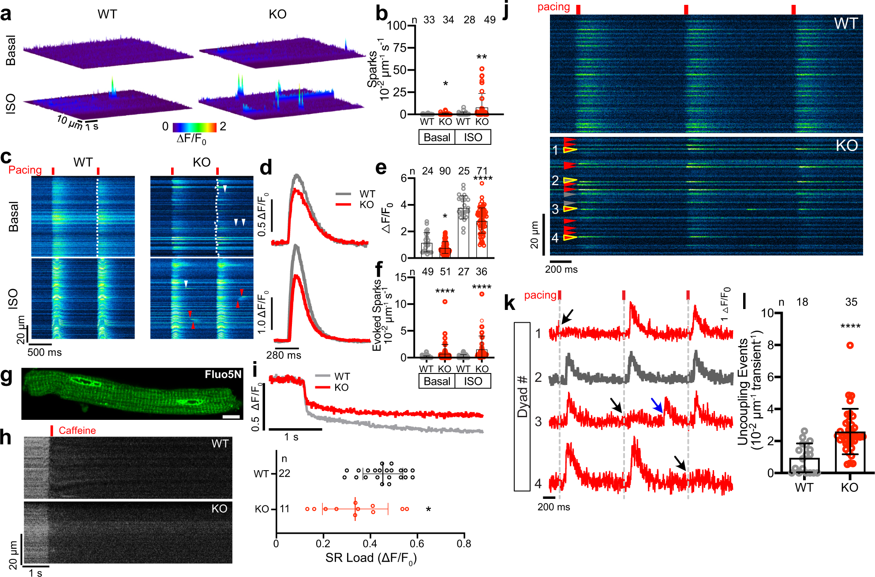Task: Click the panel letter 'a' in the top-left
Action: (6, 15)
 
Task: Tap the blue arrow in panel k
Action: (657, 405)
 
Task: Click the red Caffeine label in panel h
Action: (77, 430)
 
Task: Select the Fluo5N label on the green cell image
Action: (223, 375)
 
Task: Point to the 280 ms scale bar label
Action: (284, 355)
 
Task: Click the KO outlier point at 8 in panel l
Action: (850, 345)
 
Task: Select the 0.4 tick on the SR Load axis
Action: (370, 544)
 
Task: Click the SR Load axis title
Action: (370, 558)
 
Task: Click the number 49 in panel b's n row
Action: (490, 20)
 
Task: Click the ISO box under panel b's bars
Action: (473, 137)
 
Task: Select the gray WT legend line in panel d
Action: (344, 194)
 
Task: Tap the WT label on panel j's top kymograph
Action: (845, 23)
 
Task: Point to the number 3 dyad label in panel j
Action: (555, 209)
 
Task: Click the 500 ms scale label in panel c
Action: (44, 352)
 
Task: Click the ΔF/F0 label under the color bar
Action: (191, 139)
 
